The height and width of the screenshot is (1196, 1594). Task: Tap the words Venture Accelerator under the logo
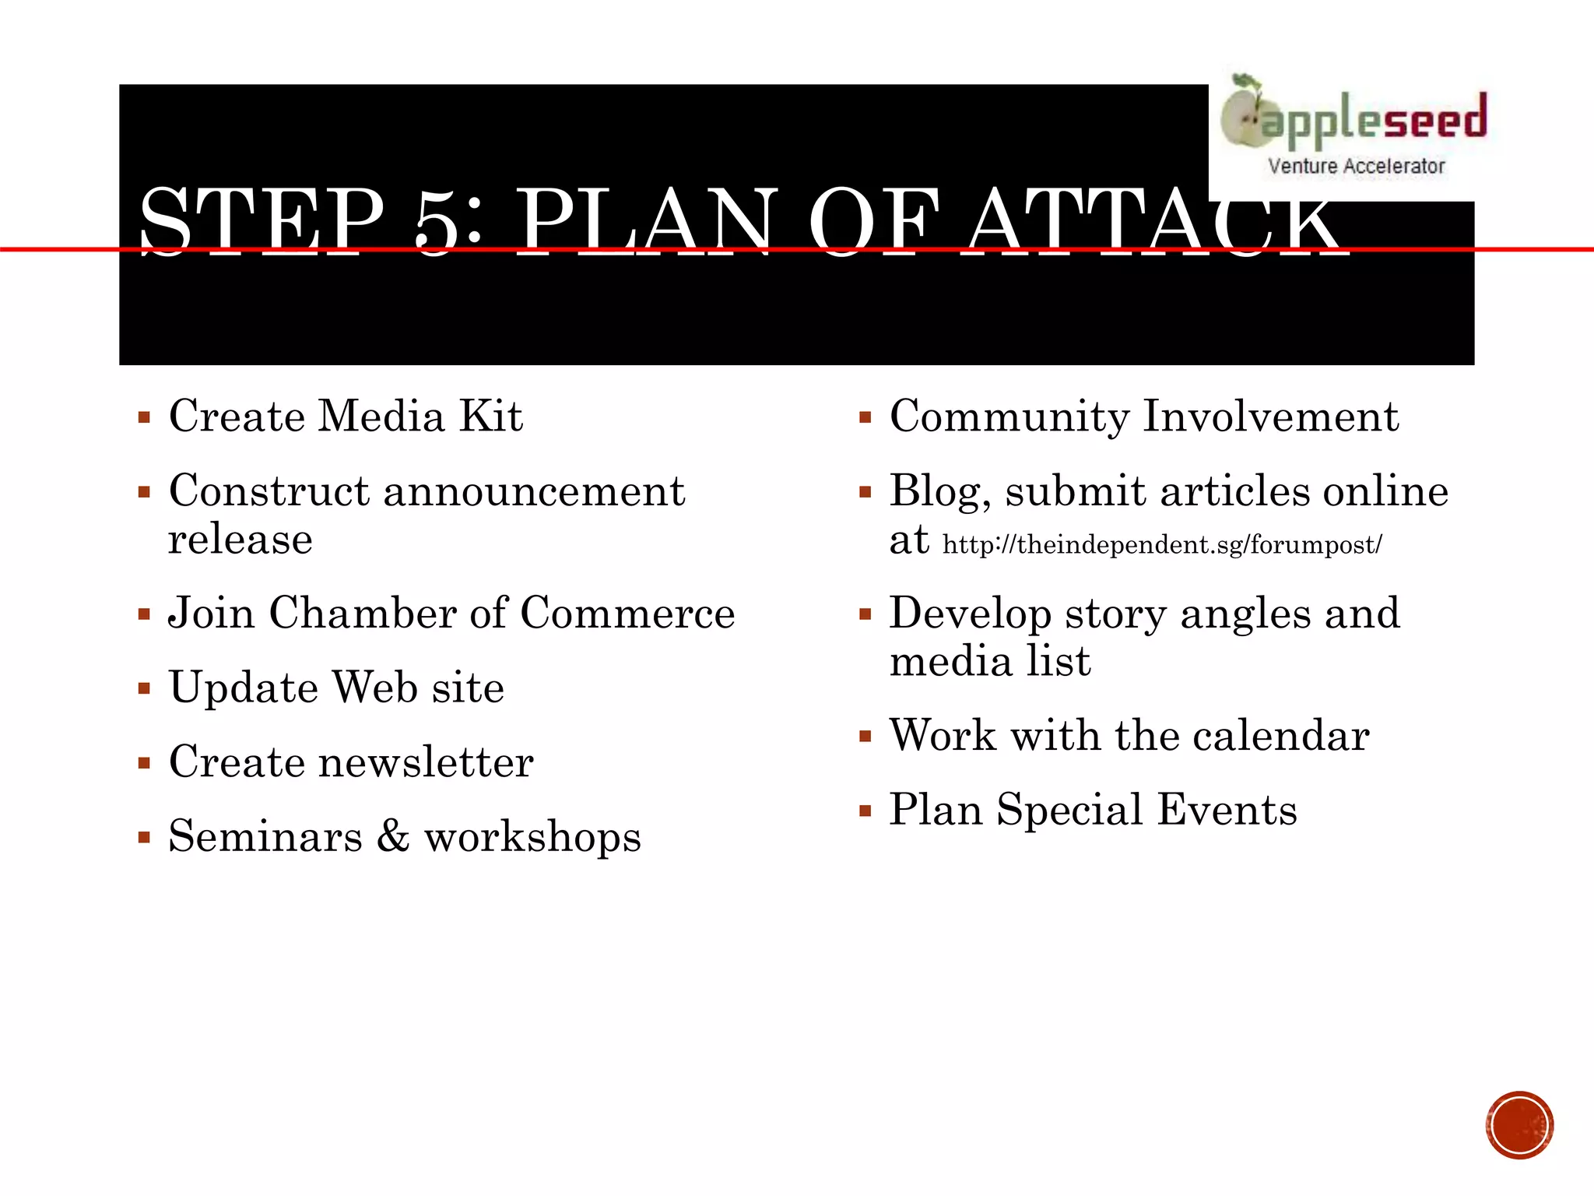[x=1356, y=166]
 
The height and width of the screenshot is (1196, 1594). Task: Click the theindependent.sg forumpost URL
[x=1161, y=544]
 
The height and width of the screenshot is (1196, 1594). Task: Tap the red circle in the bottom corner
[x=1519, y=1125]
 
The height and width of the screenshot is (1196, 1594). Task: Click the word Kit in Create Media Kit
[x=490, y=416]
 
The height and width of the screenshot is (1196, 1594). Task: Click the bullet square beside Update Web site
[x=144, y=688]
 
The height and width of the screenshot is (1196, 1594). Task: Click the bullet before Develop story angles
[x=865, y=614]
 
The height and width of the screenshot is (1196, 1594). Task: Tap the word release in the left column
[x=241, y=539]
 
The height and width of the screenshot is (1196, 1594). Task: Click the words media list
[x=989, y=661]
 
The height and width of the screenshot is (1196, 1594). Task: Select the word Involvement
[x=1270, y=416]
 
